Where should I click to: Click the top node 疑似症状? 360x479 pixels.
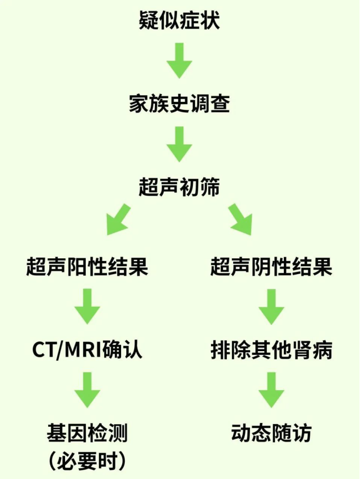(x=179, y=21)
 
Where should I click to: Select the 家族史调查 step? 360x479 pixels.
(x=179, y=104)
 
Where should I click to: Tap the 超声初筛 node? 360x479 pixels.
(x=179, y=187)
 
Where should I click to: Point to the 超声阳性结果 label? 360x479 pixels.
(x=87, y=267)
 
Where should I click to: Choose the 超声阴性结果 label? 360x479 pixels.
(x=271, y=267)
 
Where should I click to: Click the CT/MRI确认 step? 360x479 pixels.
(x=87, y=350)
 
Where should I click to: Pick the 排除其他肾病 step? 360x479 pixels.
(x=271, y=350)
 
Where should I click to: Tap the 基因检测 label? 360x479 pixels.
(x=87, y=434)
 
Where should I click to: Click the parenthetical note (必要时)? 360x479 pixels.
(x=87, y=461)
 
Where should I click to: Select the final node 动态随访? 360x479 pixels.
(x=271, y=434)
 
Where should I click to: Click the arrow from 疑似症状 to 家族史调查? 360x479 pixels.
(x=179, y=61)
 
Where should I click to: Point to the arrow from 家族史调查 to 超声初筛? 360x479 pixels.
(x=179, y=144)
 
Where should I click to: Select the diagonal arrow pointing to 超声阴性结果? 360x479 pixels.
(x=241, y=219)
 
